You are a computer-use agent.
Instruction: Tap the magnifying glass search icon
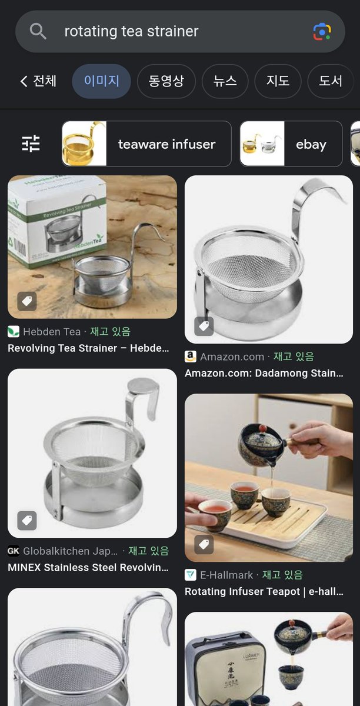[x=38, y=31]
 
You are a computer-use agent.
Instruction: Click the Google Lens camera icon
[x=322, y=31]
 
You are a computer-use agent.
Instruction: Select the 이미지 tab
[x=101, y=81]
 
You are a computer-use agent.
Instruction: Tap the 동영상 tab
[x=166, y=81]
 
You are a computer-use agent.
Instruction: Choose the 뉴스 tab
[x=225, y=81]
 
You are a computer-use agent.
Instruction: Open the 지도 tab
[x=278, y=81]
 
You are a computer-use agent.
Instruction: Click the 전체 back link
[x=39, y=81]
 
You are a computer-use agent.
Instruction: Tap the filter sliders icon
[x=31, y=144]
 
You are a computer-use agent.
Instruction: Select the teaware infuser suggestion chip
[x=146, y=144]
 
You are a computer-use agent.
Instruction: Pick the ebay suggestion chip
[x=291, y=144]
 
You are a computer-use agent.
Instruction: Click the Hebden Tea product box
[x=55, y=224]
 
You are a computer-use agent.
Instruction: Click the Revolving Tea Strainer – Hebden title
[x=87, y=348]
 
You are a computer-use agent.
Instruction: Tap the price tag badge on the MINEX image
[x=26, y=520]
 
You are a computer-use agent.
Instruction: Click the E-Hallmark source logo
[x=191, y=575]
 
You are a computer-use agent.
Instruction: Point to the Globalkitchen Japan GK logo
[x=14, y=551]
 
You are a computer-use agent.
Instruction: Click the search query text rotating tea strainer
[x=131, y=31]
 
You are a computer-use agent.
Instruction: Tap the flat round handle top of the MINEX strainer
[x=144, y=387]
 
